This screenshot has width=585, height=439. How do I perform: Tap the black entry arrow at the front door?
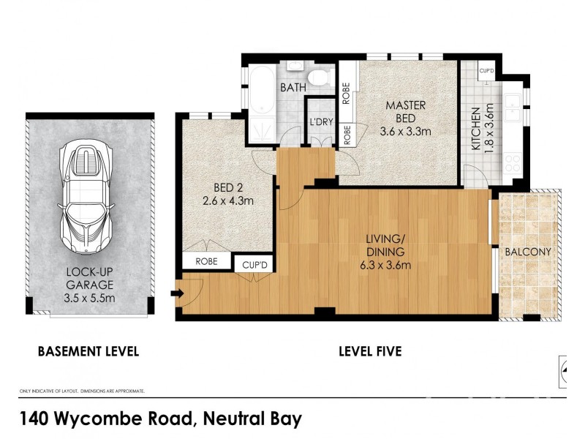tap(175, 294)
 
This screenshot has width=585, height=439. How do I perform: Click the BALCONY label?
tap(527, 252)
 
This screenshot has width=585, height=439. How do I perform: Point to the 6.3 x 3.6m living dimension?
tap(387, 265)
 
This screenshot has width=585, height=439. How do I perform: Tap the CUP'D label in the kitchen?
tap(487, 70)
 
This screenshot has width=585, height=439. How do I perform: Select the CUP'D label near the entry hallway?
tap(252, 263)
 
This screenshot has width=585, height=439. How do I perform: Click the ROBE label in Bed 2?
tap(205, 260)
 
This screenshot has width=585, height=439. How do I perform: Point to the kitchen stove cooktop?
tap(512, 162)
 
